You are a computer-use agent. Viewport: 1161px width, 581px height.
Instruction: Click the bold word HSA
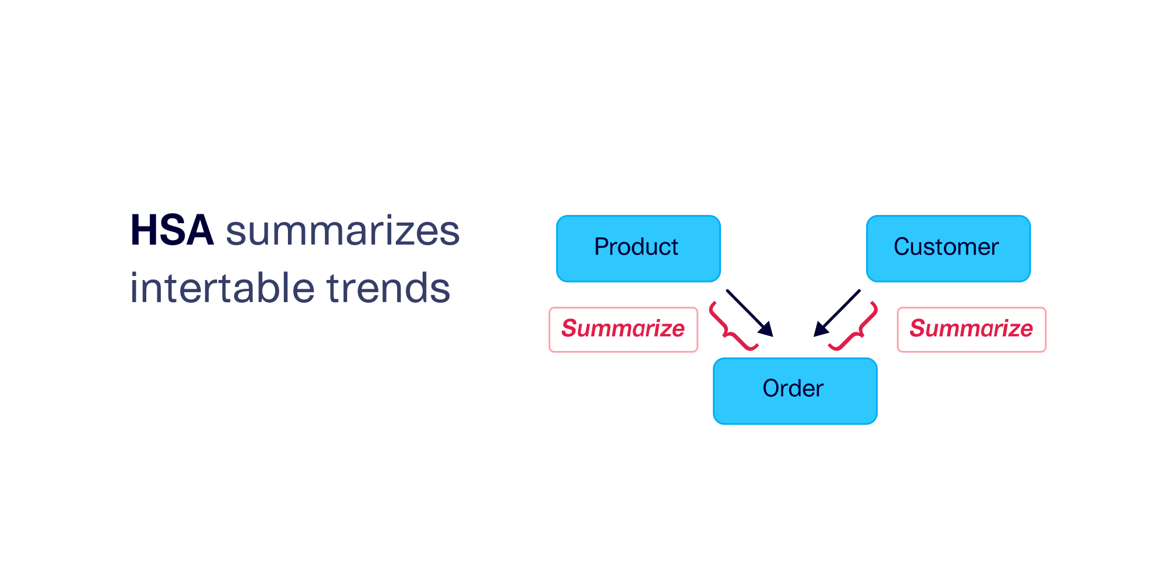tap(172, 231)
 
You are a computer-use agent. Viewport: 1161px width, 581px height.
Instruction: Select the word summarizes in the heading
tap(342, 231)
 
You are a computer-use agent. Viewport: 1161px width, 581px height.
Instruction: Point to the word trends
tap(388, 288)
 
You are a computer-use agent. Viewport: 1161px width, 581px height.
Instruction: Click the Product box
tap(638, 248)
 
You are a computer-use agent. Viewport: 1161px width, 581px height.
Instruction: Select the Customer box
tap(948, 248)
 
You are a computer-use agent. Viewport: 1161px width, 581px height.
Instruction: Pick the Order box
tap(795, 390)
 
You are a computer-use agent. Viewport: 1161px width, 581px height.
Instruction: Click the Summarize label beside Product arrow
tap(623, 329)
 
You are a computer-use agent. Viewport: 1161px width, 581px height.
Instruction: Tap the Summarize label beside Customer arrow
tap(971, 329)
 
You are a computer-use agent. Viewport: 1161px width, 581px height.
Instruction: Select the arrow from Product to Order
tap(746, 310)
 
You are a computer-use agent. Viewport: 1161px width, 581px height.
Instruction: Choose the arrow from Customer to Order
tap(841, 310)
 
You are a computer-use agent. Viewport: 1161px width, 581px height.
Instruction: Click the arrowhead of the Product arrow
tap(767, 331)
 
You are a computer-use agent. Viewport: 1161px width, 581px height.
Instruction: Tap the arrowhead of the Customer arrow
tap(820, 331)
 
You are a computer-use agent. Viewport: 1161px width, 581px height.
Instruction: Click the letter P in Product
tap(601, 247)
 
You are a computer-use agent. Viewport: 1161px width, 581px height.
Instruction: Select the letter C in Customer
tap(902, 247)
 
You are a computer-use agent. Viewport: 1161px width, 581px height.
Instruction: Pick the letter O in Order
tap(771, 388)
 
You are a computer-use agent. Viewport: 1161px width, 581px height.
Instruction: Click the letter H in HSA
tap(143, 231)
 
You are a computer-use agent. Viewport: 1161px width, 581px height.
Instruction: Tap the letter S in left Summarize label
tap(569, 329)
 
